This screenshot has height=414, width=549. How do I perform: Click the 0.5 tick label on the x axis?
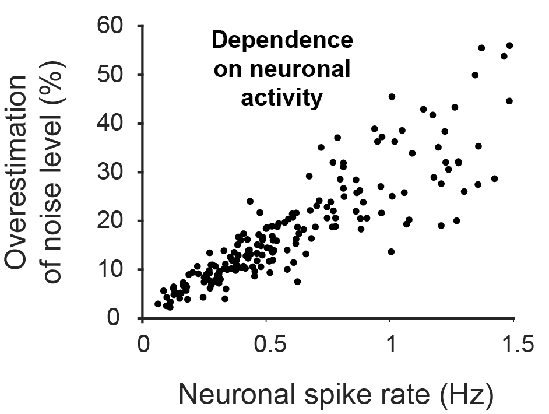click(266, 346)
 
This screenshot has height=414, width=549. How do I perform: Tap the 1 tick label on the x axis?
click(390, 346)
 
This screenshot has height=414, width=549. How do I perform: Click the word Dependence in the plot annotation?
click(281, 41)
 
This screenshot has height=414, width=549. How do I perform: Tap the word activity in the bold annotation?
click(281, 98)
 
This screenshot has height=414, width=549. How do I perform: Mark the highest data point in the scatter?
click(509, 45)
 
